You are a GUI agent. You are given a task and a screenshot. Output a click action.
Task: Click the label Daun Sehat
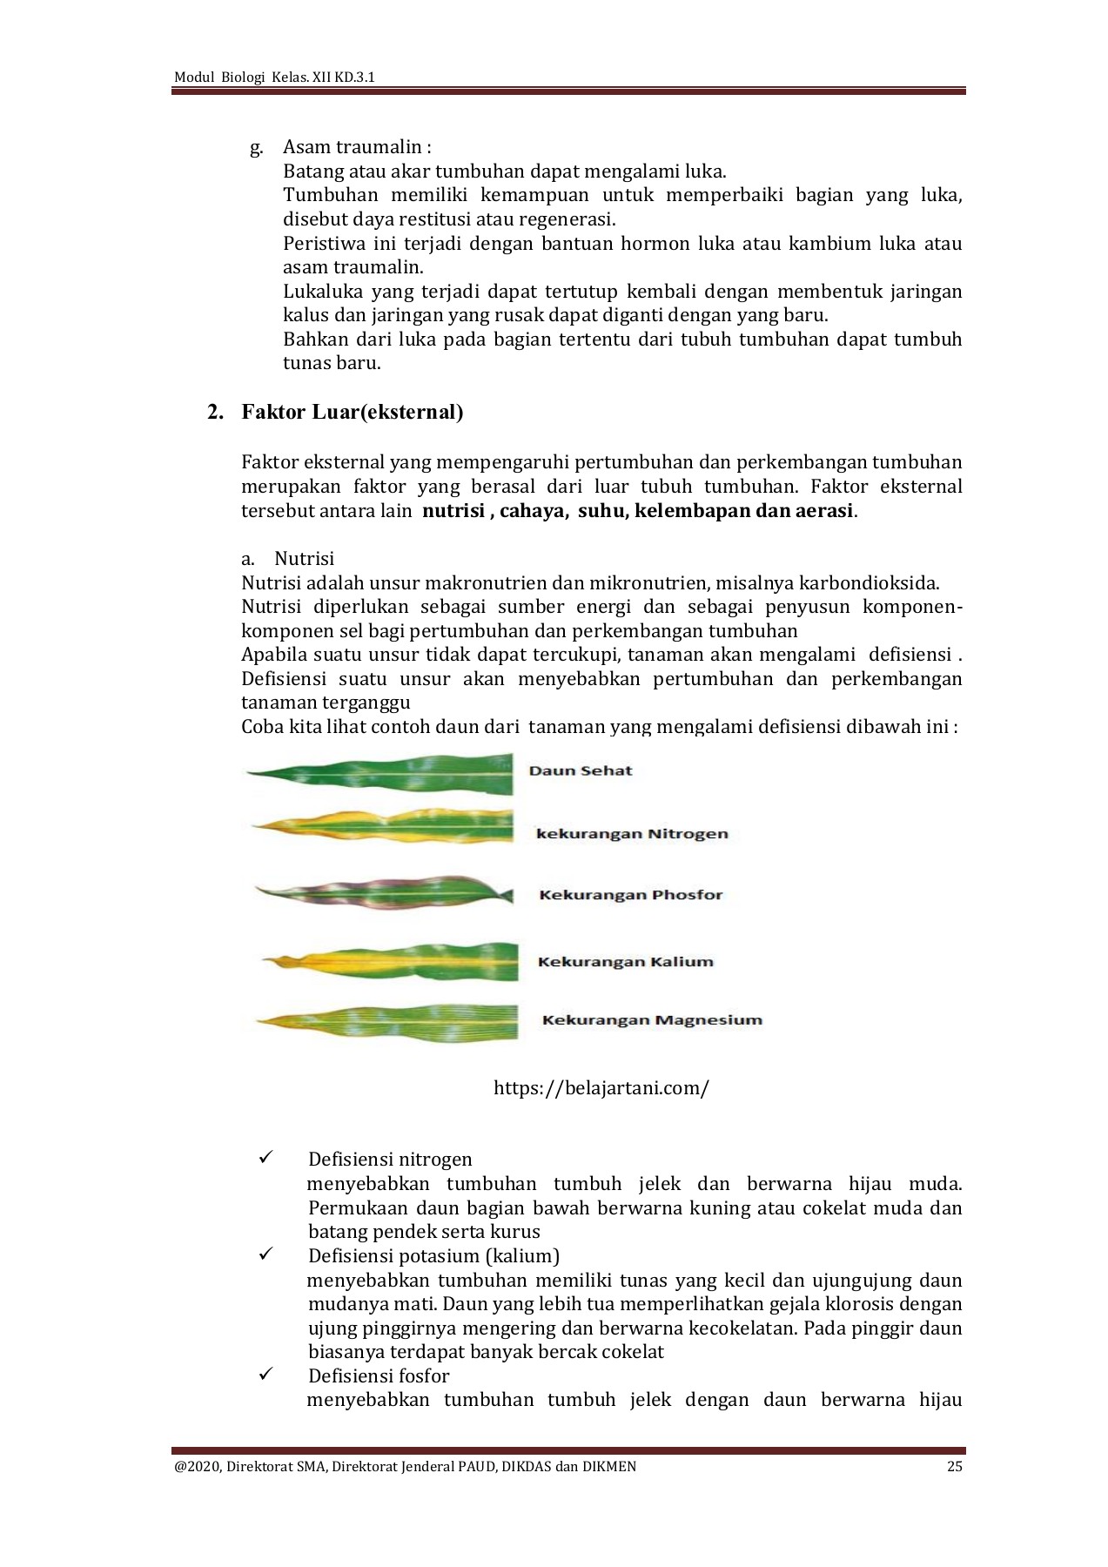[x=581, y=770]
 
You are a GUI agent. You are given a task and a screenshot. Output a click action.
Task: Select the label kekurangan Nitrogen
[x=632, y=833]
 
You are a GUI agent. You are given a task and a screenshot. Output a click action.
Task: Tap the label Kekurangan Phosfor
[x=631, y=895]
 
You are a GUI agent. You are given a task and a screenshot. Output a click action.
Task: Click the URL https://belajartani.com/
[x=601, y=1087]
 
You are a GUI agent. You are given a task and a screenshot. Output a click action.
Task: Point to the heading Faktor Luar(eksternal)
[x=352, y=412]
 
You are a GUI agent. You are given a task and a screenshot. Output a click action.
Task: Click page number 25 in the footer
[x=955, y=1466]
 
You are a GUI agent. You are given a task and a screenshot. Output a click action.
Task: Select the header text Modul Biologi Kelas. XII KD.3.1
[x=274, y=77]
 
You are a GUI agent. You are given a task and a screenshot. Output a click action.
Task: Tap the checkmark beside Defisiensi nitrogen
[x=266, y=1158]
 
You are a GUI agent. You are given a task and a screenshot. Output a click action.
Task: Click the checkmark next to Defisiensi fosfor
[x=266, y=1375]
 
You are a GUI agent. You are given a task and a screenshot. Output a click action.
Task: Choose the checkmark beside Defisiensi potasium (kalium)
[x=266, y=1254]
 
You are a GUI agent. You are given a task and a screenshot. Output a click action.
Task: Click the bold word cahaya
[x=531, y=510]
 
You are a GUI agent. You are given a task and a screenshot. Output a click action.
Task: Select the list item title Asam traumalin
[x=353, y=147]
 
